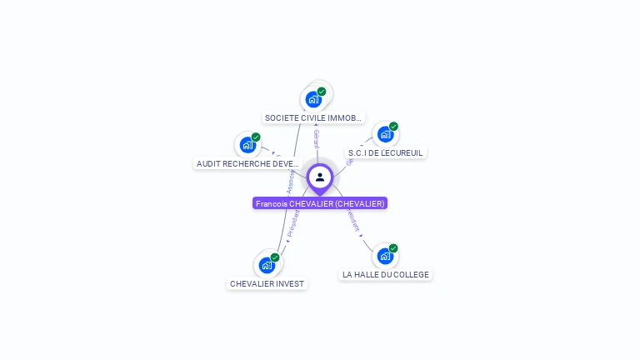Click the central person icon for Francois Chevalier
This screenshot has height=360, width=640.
pos(320,177)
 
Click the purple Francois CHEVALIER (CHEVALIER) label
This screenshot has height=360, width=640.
pos(320,203)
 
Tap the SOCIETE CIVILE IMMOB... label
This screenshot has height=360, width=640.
pos(313,118)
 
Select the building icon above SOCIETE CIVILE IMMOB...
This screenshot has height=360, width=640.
pos(313,99)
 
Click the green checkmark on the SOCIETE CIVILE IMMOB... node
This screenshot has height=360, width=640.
pos(322,91)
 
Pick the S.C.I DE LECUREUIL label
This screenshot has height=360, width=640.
pos(386,152)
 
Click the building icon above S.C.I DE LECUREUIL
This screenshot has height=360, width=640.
pos(384,134)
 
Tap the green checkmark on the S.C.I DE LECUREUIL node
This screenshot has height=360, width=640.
pos(393,127)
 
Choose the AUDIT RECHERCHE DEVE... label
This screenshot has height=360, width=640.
pos(247,163)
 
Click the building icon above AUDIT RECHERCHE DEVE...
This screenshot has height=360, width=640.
pos(247,145)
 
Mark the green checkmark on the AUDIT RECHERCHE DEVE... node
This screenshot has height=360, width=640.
pos(256,137)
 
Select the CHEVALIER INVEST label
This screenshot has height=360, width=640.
pos(267,283)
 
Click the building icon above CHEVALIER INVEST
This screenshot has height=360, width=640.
pos(267,265)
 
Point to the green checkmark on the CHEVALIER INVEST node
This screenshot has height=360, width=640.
pos(275,257)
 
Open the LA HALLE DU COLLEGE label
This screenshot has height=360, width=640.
pos(386,274)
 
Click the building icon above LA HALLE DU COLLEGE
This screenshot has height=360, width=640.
pos(384,256)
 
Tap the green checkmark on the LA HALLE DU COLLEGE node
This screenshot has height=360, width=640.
pos(393,247)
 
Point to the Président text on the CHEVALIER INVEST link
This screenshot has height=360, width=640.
pos(293,226)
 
